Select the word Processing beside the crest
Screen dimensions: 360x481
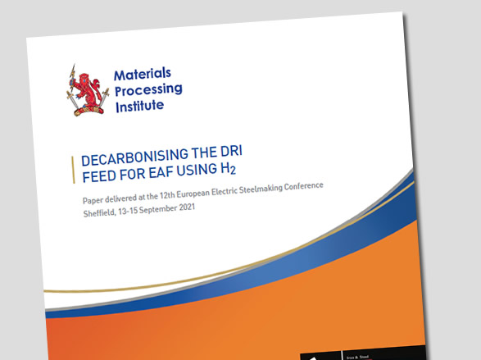[148, 90]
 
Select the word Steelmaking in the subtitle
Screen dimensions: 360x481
[280, 189]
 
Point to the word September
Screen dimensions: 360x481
[170, 209]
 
